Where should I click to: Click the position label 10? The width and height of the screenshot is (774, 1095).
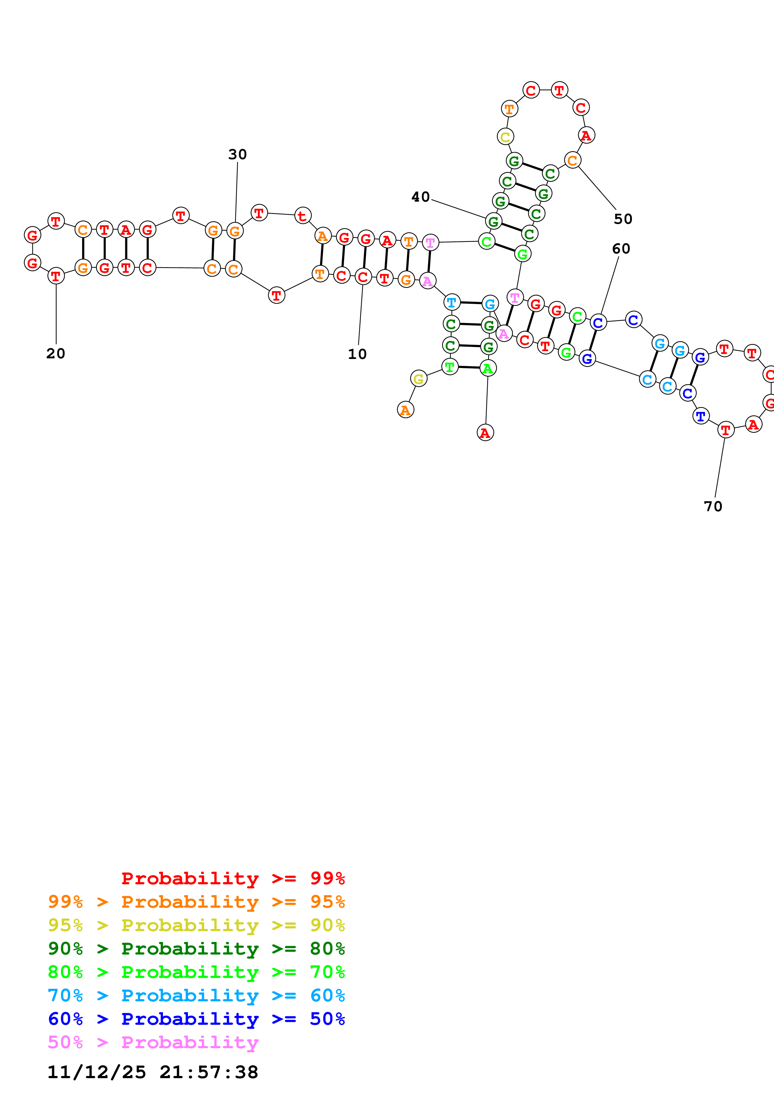[x=357, y=354]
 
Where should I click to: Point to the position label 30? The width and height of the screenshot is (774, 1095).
[x=238, y=154]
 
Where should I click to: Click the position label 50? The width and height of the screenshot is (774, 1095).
[x=623, y=219]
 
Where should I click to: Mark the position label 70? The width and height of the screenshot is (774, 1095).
[x=713, y=507]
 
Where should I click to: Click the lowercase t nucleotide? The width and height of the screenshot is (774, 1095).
[x=302, y=216]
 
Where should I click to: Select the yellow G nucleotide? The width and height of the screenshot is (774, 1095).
[x=418, y=379]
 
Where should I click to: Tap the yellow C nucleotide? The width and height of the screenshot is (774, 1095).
[x=505, y=137]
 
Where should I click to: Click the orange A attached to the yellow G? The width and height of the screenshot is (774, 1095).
[x=405, y=410]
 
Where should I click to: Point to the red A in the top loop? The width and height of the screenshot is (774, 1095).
[x=586, y=135]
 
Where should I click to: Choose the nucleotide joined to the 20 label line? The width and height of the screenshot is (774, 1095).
[x=56, y=276]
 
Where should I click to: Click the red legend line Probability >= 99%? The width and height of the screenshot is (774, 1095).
[x=233, y=878]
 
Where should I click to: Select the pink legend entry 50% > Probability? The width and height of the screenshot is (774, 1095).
[x=153, y=1042]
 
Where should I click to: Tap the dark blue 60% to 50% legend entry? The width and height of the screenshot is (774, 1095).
[x=196, y=1019]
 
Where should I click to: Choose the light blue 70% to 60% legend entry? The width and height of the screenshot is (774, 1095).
[x=196, y=995]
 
